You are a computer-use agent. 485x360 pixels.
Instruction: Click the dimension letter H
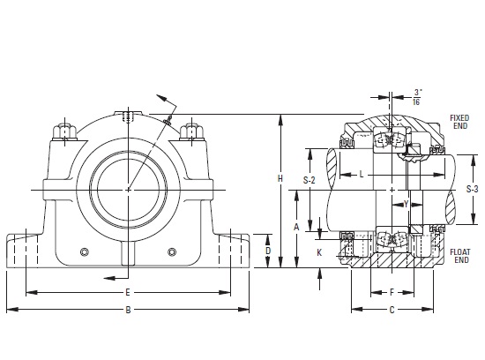click(x=280, y=178)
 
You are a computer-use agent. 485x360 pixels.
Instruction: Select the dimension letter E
click(x=128, y=292)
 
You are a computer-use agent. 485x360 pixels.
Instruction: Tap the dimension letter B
click(x=128, y=310)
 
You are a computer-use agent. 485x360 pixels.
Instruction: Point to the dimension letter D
click(x=268, y=251)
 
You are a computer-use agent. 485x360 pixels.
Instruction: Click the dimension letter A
click(x=296, y=227)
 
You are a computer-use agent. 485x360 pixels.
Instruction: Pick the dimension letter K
click(x=319, y=252)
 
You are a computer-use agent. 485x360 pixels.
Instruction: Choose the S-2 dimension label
click(x=309, y=180)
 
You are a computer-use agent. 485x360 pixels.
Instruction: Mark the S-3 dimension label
click(x=473, y=189)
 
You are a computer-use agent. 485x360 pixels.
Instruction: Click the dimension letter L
click(x=362, y=175)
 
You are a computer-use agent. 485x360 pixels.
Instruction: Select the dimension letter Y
click(x=407, y=204)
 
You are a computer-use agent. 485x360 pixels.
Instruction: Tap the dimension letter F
click(x=392, y=292)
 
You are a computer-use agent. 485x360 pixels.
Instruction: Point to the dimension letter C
click(x=392, y=310)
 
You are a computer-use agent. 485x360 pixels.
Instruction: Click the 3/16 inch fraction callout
click(x=417, y=97)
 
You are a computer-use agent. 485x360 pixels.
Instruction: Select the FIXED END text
click(x=459, y=122)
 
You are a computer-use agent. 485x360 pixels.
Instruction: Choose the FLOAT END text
click(x=460, y=256)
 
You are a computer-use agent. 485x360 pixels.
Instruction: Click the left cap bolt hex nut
click(x=64, y=131)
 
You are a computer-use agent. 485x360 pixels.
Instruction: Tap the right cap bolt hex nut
click(x=191, y=131)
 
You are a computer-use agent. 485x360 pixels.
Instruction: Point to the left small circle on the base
click(x=85, y=251)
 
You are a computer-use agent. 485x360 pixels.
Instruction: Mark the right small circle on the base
click(x=172, y=251)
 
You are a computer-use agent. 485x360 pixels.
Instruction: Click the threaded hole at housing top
click(x=128, y=116)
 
